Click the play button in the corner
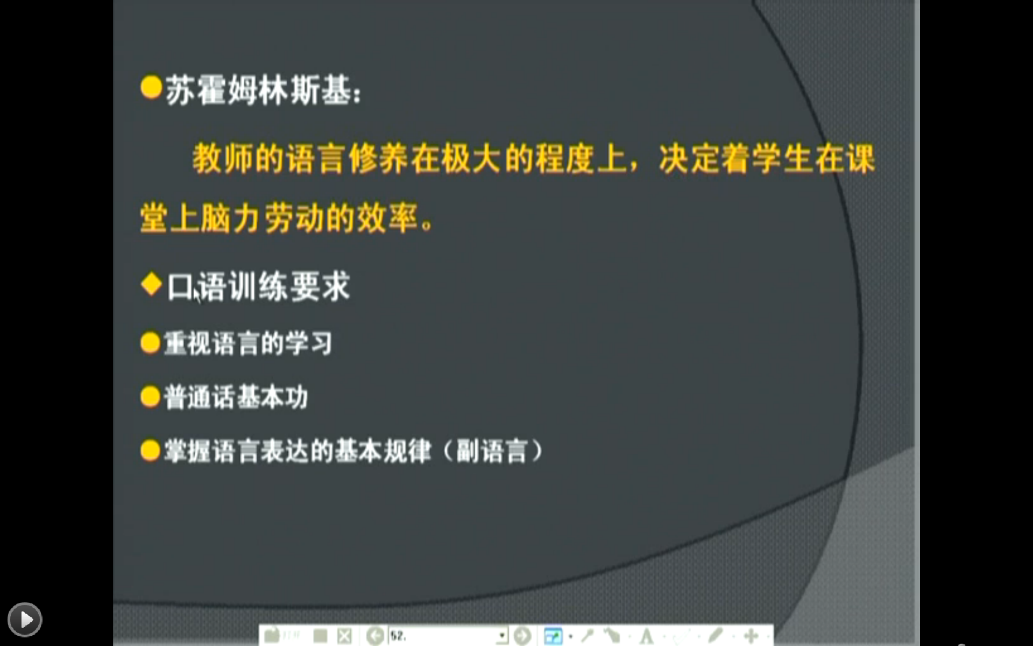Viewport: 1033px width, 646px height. pos(25,619)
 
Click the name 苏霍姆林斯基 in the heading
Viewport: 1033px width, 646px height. pos(258,89)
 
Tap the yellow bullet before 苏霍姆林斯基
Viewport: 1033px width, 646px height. pos(151,87)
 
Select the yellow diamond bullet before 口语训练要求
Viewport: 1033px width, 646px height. pos(151,284)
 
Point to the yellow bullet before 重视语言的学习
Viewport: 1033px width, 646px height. pos(150,342)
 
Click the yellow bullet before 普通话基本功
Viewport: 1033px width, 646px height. pos(150,397)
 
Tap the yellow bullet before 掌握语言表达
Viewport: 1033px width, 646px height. pos(150,451)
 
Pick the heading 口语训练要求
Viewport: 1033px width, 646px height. pos(258,286)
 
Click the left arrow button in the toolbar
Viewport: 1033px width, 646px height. pos(376,636)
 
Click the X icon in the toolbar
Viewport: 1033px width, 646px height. pos(344,636)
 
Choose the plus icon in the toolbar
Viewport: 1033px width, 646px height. pos(751,636)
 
